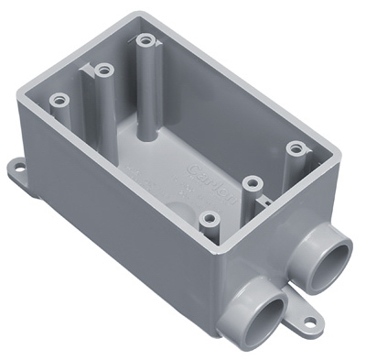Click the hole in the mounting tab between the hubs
pyautogui.click(x=310, y=322)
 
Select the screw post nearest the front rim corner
pyautogui.click(x=210, y=219)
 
